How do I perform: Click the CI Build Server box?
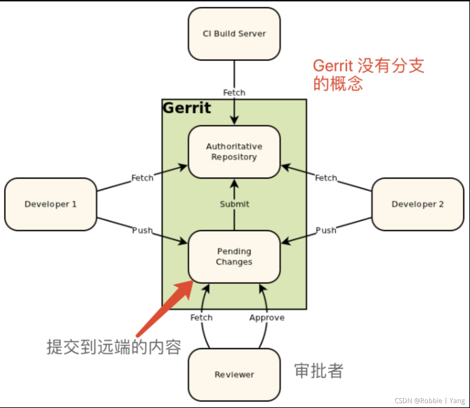point(234,34)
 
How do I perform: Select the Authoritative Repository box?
point(234,152)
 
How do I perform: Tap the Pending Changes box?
point(234,256)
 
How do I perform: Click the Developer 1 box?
point(50,204)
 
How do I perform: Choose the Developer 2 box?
point(418,204)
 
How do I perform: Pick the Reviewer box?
point(234,374)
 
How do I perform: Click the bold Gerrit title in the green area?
point(187,108)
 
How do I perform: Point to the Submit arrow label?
point(234,204)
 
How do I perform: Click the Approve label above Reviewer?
point(267,318)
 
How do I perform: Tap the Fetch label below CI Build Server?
point(234,93)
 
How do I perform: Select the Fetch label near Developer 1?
point(142,178)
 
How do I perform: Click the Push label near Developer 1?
point(142,230)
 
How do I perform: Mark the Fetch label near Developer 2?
point(326,178)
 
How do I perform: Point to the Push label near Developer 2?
point(326,230)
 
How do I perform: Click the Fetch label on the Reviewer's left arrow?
point(201,318)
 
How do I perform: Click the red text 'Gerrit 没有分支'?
point(368,66)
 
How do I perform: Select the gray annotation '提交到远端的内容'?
point(114,347)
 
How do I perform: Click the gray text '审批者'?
point(319,371)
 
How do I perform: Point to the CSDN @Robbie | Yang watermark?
point(429,401)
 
